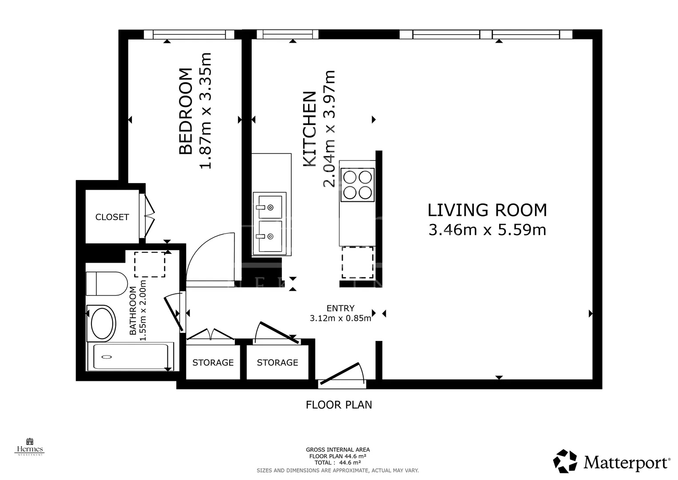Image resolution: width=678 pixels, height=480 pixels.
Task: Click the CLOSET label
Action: pos(112,217)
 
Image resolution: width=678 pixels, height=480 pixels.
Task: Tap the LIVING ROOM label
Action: pos(487,210)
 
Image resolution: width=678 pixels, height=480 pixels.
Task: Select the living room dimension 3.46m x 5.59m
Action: pos(487,230)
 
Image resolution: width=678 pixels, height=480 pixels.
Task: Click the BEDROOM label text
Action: pos(186,111)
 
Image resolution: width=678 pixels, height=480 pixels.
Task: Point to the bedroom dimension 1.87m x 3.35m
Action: pos(205,111)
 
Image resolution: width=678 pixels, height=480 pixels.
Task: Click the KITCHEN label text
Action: pos(309,129)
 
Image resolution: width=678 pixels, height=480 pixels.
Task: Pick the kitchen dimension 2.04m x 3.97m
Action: pos(329,129)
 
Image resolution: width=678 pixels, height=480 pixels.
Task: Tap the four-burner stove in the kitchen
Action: pos(357,185)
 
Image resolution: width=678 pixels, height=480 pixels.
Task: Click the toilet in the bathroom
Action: pos(107,284)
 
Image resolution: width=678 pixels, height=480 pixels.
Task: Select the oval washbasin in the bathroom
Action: pos(102,324)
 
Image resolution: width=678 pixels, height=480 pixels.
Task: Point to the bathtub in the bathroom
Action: pos(131,356)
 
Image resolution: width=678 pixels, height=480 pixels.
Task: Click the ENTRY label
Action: pos(340,308)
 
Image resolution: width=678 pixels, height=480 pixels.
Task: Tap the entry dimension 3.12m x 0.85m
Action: pos(340,318)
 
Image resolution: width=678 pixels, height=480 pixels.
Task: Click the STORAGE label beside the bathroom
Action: pos(213,362)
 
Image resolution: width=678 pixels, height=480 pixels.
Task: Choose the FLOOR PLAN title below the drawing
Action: pos(339,405)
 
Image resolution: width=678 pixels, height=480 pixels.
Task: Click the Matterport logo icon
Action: pos(565,461)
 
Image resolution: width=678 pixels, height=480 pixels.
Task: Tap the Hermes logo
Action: pos(30,447)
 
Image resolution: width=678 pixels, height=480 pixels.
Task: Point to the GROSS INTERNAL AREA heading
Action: pos(338,450)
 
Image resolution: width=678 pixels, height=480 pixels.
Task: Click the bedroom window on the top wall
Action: pos(189,35)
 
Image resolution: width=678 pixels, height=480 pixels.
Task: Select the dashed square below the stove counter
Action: pos(357,262)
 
